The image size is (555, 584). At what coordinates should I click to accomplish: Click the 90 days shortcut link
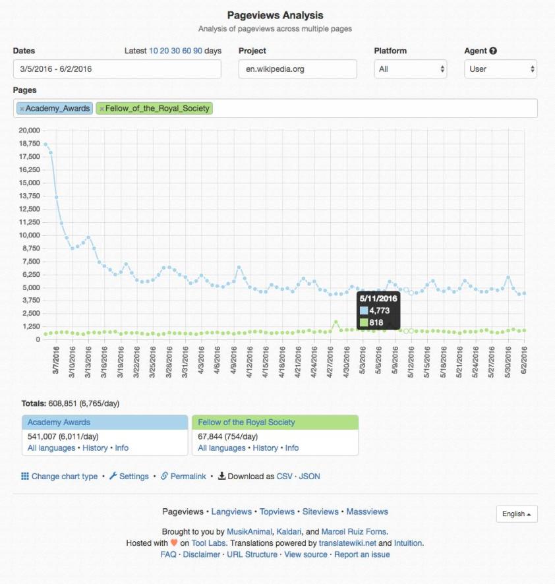tap(197, 51)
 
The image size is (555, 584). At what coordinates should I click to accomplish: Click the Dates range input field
tap(119, 69)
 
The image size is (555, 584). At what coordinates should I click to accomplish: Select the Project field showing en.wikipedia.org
tap(297, 69)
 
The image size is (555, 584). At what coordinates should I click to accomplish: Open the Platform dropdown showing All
tap(410, 69)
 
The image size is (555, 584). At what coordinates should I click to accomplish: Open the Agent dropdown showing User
tap(500, 69)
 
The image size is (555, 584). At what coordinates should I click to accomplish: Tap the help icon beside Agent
tap(493, 51)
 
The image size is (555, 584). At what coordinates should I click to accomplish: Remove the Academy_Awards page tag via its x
tap(22, 108)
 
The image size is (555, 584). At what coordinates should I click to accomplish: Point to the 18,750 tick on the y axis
tap(29, 144)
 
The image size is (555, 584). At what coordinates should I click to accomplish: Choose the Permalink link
tap(188, 476)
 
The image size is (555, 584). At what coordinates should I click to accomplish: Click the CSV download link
tap(284, 476)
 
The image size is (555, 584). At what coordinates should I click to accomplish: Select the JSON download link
tap(310, 476)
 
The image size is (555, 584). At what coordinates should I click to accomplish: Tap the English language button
tap(517, 514)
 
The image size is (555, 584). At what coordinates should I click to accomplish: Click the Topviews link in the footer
tap(277, 511)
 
